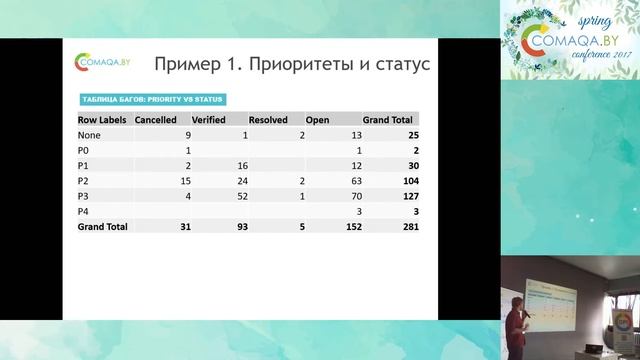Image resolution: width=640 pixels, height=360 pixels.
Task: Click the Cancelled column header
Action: pos(156,118)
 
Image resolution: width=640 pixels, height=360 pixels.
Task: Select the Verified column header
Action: pos(208,118)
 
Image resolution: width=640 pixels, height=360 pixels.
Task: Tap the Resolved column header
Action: pos(268,118)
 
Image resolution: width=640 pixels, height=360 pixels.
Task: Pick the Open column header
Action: pos(317,118)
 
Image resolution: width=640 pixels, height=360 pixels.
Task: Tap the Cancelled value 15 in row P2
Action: pos(185,181)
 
